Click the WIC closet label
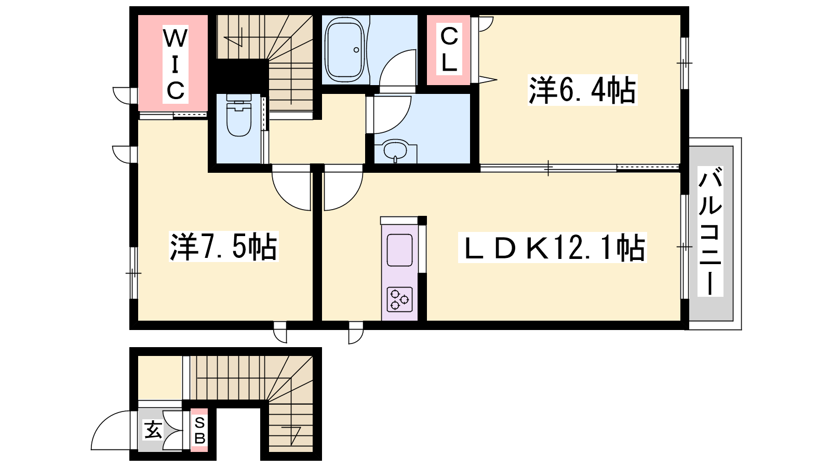point(176,64)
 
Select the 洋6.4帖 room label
point(582,90)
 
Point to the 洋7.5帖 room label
point(224,246)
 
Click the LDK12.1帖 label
point(553,248)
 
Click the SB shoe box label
point(199,430)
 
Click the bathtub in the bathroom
point(345,50)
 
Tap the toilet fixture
point(238,115)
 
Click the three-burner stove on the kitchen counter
point(399,299)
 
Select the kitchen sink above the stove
point(399,250)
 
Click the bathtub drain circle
point(356,50)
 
